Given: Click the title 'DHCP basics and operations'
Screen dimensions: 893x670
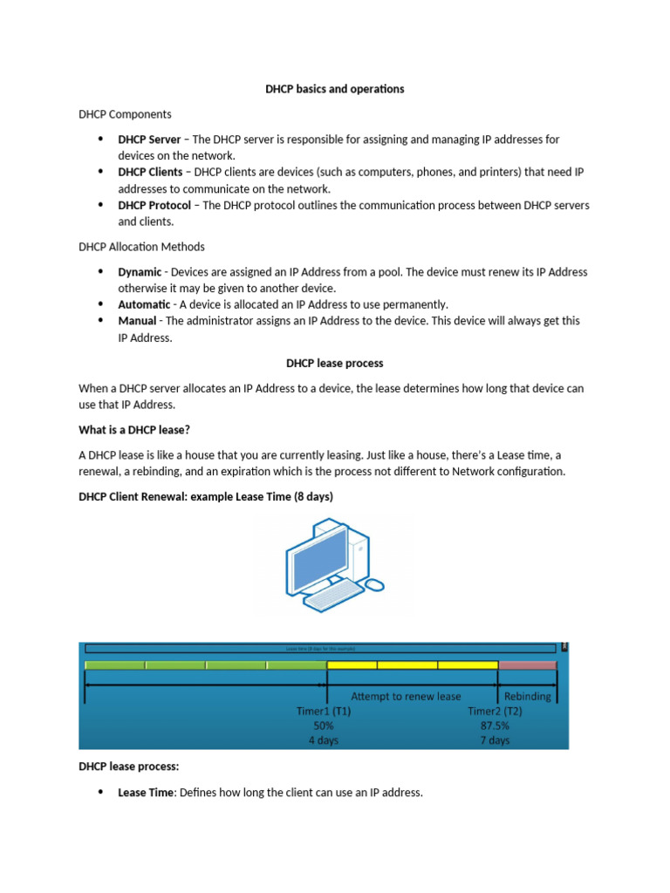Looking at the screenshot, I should pyautogui.click(x=335, y=89).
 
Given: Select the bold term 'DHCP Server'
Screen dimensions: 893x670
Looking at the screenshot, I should pyautogui.click(x=149, y=140).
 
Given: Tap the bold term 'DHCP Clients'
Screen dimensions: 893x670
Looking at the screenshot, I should pyautogui.click(x=150, y=173).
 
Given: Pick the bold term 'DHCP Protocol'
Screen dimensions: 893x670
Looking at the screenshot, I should pyautogui.click(x=154, y=206).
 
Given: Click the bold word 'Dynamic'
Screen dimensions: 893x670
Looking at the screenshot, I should pyautogui.click(x=140, y=272).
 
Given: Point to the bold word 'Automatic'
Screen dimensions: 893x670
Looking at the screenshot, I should pyautogui.click(x=144, y=304).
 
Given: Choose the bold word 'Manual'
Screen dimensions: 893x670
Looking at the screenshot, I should pyautogui.click(x=138, y=321).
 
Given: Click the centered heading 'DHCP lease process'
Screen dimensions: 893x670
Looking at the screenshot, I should pyautogui.click(x=335, y=363).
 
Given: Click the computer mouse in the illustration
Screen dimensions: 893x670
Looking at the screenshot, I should pyautogui.click(x=374, y=583).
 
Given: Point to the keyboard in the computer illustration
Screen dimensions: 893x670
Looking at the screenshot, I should pyautogui.click(x=336, y=595).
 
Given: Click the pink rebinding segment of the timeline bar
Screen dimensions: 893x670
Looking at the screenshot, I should pyautogui.click(x=527, y=665).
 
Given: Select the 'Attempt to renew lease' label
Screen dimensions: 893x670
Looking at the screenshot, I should pyautogui.click(x=406, y=697).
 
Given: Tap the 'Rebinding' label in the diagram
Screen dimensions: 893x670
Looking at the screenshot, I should pyautogui.click(x=528, y=697).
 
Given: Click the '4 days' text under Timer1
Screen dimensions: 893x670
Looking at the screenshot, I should pyautogui.click(x=325, y=740).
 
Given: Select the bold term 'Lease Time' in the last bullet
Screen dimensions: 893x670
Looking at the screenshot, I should pyautogui.click(x=147, y=793).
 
